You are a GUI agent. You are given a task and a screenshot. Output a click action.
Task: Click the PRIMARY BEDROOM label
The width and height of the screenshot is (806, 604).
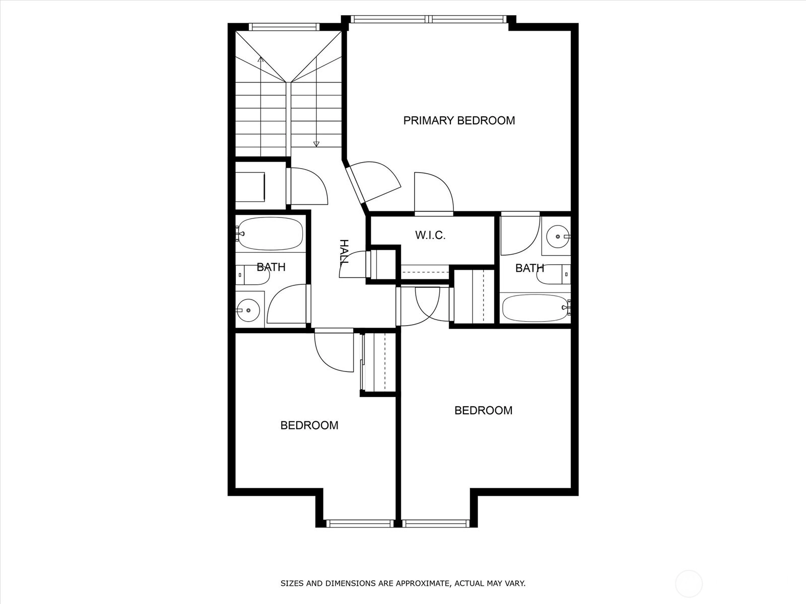click(459, 120)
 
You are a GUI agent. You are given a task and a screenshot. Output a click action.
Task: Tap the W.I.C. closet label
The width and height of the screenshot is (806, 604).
click(430, 235)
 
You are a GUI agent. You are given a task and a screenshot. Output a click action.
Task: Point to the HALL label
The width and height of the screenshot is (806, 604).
click(344, 253)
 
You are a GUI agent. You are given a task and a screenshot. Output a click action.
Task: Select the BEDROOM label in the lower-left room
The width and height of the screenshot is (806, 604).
click(309, 425)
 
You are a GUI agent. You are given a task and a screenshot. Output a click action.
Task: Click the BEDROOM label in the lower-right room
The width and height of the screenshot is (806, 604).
click(483, 410)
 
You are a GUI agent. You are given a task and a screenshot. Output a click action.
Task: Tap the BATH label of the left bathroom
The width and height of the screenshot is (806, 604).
click(271, 267)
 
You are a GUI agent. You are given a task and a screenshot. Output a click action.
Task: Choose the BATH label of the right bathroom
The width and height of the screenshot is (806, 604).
click(529, 268)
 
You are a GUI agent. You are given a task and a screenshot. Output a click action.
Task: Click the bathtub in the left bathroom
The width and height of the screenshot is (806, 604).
click(271, 234)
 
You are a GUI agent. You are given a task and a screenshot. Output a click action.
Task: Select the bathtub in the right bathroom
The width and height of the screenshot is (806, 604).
click(536, 308)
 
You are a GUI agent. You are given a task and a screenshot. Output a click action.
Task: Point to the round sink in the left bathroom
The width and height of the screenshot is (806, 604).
click(248, 310)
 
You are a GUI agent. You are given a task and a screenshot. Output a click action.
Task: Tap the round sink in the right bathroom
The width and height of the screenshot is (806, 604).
click(558, 237)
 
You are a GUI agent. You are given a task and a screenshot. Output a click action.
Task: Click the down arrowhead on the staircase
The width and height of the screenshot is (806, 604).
click(316, 144)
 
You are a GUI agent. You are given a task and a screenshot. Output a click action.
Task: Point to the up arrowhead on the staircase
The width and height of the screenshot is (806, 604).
click(261, 59)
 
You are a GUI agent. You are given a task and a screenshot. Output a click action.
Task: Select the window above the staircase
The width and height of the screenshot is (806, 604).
click(284, 27)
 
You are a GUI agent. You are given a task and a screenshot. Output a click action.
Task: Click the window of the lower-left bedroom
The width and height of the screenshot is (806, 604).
click(360, 523)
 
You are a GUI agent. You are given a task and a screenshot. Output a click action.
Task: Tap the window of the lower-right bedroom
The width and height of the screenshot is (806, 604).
click(436, 523)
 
